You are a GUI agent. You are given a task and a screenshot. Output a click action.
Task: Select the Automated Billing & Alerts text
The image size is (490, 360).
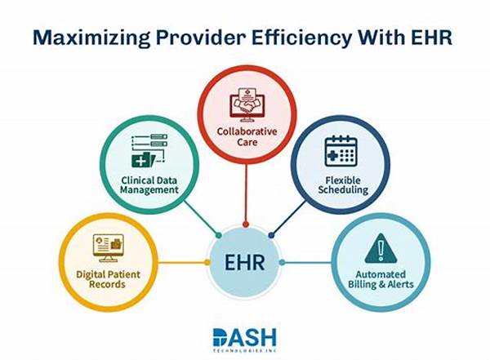pos(381,279)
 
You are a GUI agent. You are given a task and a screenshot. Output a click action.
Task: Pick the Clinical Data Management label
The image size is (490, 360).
pos(148,184)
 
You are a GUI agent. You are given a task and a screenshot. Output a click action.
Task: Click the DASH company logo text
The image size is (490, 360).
pos(244,336)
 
